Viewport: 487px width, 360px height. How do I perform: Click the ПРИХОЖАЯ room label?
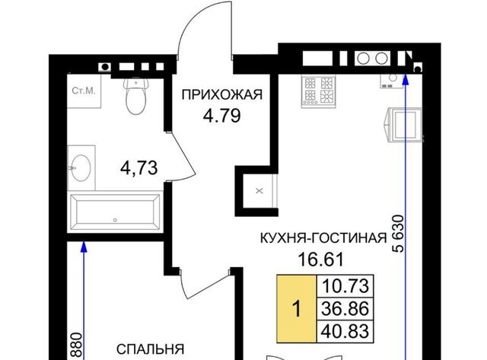tap(222, 94)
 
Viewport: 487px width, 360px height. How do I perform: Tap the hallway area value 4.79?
tap(221, 116)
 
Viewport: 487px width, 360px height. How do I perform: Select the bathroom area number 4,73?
tap(138, 168)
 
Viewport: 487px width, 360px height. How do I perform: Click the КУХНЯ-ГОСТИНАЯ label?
tap(323, 238)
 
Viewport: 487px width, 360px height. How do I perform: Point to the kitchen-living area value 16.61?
tap(321, 260)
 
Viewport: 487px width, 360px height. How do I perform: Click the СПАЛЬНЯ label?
tap(151, 349)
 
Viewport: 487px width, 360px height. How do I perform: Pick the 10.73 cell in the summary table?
tap(345, 285)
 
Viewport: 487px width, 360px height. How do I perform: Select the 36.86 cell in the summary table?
tap(345, 308)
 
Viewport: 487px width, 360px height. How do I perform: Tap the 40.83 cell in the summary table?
tap(345, 331)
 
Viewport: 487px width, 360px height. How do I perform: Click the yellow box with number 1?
tap(296, 309)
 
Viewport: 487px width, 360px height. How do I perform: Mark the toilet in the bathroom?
tap(135, 97)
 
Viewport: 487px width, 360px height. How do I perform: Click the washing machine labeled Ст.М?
tap(84, 91)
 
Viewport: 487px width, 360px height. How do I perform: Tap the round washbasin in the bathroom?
tap(81, 168)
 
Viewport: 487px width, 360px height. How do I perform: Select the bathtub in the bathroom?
tap(115, 213)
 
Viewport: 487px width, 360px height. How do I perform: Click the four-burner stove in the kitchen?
tap(319, 91)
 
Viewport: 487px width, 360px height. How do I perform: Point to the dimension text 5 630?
tap(399, 233)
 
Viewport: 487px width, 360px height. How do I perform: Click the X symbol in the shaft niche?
tap(259, 191)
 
